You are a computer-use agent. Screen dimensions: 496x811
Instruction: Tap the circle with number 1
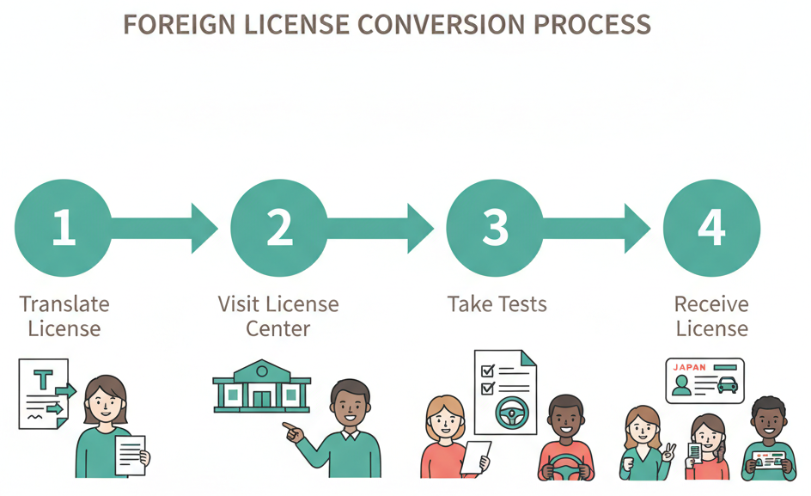point(63,228)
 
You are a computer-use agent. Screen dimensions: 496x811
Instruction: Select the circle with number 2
point(279,228)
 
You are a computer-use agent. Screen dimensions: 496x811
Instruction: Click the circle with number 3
point(496,228)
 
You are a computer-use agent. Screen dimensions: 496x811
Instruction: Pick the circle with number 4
point(711,228)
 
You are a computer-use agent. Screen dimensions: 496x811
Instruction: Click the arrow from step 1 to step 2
point(168,228)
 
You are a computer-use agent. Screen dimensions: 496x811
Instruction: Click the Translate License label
point(64,315)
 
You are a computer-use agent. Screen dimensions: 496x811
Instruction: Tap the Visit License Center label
point(278,315)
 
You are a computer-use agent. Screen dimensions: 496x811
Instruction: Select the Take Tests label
point(497,304)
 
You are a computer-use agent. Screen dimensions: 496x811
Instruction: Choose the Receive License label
point(711,315)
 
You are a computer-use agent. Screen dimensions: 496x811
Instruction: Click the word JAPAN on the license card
point(689,367)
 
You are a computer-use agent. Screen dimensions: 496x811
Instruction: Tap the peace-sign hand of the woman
point(667,450)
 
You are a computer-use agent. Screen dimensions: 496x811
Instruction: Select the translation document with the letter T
point(44,394)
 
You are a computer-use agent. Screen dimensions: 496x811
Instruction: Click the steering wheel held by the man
point(565,467)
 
